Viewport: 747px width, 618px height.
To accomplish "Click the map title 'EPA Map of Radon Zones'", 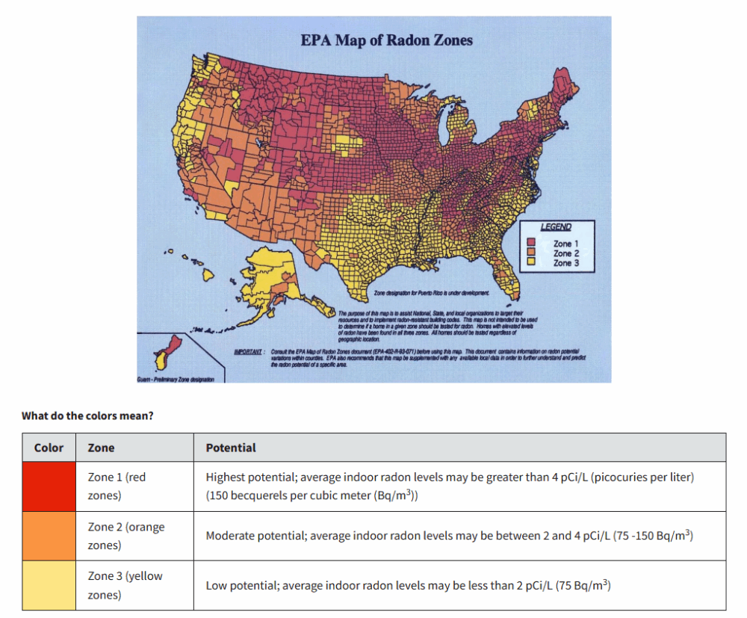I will coord(386,40).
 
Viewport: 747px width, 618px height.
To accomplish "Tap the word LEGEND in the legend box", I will coord(556,227).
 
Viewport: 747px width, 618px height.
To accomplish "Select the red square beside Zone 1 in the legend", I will coord(532,243).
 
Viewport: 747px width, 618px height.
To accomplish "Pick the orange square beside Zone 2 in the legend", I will coord(532,253).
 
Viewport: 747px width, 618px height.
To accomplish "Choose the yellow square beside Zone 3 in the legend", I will coord(532,262).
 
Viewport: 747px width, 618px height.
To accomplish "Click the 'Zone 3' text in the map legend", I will coord(565,263).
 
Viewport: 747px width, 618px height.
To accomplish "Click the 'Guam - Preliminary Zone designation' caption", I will coord(177,380).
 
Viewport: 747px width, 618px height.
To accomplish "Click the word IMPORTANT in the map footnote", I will coord(249,350).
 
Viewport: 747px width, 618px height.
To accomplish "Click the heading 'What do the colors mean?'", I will coord(87,415).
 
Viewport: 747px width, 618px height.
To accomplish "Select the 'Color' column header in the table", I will coord(49,448).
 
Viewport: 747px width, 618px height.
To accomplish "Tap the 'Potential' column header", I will coord(231,448).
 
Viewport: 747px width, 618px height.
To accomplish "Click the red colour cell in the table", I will coord(49,486).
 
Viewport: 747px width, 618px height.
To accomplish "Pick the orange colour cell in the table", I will coord(49,536).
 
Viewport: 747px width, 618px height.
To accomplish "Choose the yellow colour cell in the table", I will coord(49,585).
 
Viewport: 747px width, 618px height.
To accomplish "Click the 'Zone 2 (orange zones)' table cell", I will coord(125,536).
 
